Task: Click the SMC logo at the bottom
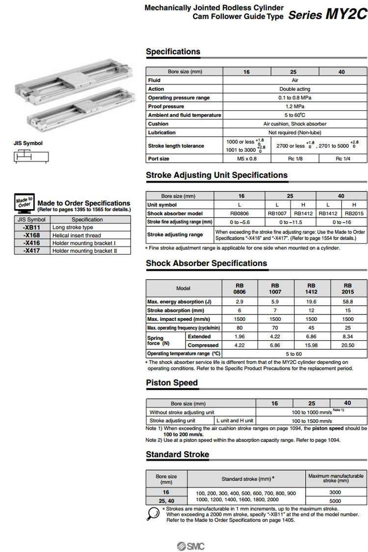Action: click(191, 546)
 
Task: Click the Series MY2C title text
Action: click(327, 14)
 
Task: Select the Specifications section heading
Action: click(173, 51)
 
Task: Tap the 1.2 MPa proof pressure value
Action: click(294, 106)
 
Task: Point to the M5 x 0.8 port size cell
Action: click(246, 159)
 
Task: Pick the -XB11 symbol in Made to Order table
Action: click(31, 228)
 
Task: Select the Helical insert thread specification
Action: click(77, 236)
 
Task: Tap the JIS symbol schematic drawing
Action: click(31, 157)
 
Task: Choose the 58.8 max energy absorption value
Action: click(348, 302)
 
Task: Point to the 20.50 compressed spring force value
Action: click(348, 345)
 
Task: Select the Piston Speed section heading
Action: click(172, 383)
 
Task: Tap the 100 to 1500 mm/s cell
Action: click(312, 421)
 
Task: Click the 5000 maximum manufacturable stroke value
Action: click(336, 501)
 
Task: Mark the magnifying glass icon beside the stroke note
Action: click(154, 514)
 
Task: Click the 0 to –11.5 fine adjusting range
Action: click(290, 222)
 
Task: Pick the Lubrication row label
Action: click(162, 132)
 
